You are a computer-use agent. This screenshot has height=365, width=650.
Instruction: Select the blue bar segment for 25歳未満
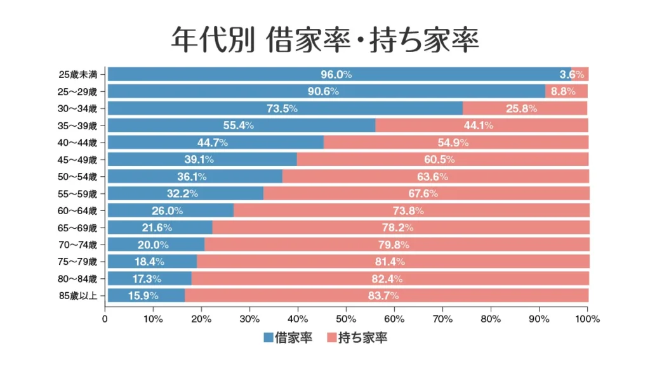254,74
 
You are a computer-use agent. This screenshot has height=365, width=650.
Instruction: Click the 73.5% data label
282,108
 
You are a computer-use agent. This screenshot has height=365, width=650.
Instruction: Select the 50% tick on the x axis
346,319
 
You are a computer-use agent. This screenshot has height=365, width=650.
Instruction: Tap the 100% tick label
587,319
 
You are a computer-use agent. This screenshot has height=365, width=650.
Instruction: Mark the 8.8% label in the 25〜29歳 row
563,91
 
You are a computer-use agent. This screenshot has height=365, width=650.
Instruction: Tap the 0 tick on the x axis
105,319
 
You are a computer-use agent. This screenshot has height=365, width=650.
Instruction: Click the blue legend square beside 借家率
268,338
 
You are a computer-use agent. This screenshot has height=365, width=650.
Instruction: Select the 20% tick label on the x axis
201,319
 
